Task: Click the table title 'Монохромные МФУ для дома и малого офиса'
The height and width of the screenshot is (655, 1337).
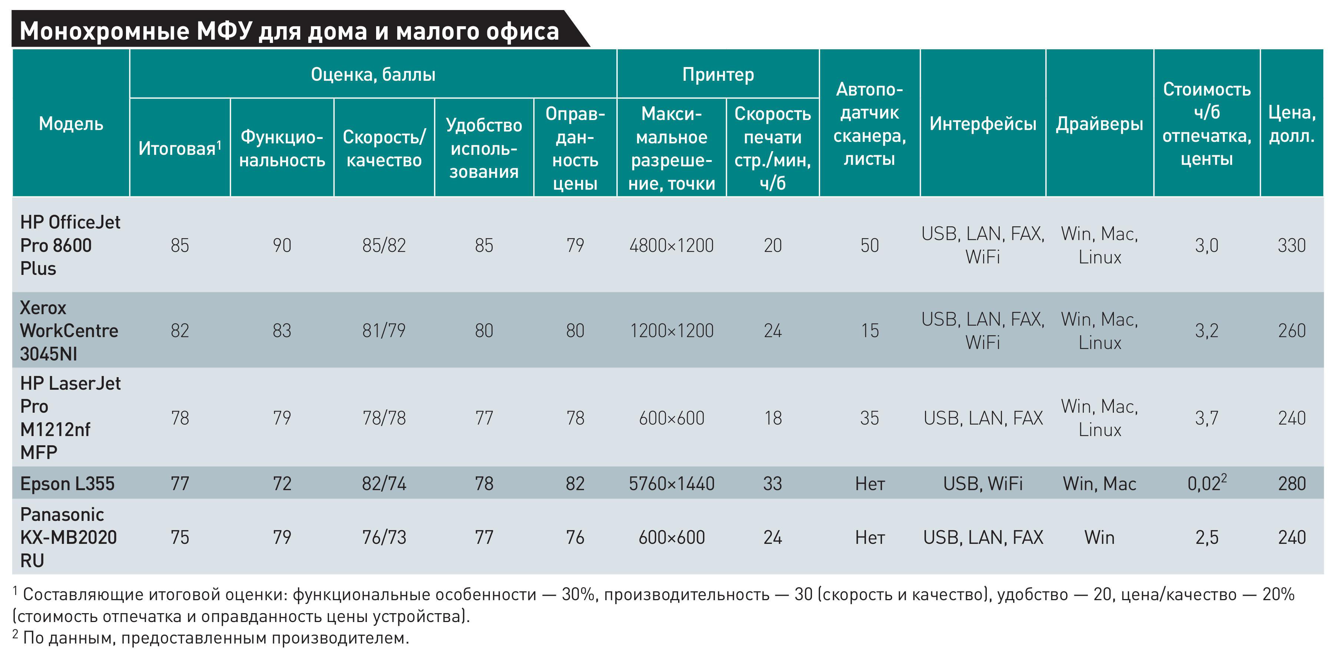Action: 289,31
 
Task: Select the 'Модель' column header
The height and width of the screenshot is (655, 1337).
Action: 71,123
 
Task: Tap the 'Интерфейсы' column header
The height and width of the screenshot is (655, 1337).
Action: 982,123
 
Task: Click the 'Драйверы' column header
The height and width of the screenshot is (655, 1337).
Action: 1099,123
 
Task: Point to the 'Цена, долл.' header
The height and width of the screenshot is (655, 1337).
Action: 1291,123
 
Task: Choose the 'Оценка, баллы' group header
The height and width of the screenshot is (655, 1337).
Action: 373,74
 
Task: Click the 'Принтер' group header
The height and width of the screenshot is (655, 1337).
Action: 718,74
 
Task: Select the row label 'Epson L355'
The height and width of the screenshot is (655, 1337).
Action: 67,483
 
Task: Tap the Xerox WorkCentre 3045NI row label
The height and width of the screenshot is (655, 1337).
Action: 69,330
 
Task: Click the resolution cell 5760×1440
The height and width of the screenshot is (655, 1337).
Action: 671,483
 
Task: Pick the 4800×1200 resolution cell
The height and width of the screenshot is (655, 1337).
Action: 671,245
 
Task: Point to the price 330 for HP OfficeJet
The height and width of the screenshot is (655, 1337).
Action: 1291,245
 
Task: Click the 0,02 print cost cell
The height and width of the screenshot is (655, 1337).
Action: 1206,483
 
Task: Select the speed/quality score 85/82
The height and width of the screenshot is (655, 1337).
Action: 384,245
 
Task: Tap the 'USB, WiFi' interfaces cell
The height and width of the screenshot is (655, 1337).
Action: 982,483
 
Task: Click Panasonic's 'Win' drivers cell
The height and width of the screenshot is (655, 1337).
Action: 1099,537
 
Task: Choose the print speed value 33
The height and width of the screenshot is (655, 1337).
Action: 772,483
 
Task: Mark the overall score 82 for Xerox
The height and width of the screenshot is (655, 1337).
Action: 180,330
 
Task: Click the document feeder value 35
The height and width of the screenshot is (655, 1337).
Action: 869,418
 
